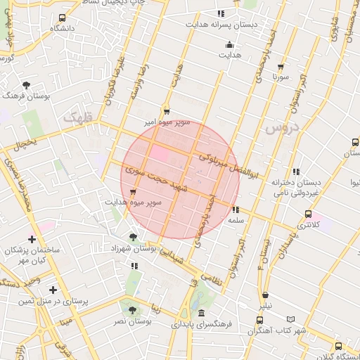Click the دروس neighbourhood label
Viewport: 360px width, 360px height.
coord(283,128)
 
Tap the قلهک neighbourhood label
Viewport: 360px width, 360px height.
coord(77,118)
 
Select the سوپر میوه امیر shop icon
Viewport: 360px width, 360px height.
coord(167,110)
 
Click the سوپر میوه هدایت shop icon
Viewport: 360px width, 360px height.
coord(133,191)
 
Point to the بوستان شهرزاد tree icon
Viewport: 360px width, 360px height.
coord(133,237)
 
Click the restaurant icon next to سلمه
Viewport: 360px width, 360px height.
coord(236,210)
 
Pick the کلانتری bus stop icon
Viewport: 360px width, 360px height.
coord(308,214)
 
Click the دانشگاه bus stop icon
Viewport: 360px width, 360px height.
coord(63,18)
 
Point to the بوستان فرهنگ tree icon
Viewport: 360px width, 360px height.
coord(26,84)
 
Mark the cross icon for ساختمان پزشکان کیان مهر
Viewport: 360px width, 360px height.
coord(32,239)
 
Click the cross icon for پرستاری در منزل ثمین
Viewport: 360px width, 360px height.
coord(53,289)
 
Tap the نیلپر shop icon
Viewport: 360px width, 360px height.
coord(265,295)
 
